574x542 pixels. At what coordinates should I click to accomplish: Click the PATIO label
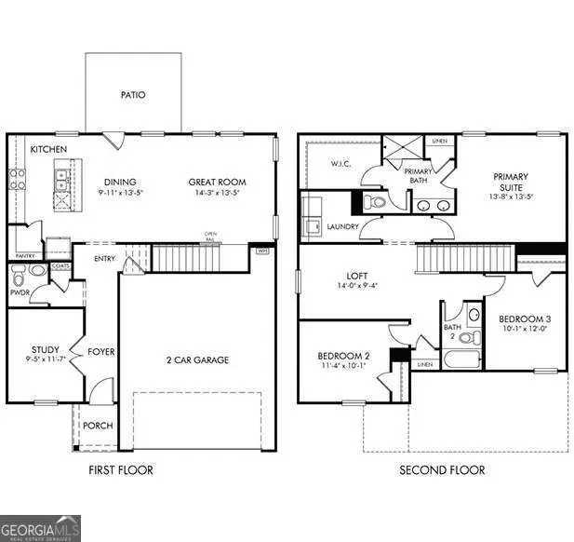(133, 94)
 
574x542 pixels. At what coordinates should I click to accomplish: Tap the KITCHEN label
(47, 149)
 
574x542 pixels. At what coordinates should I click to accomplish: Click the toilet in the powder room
(36, 271)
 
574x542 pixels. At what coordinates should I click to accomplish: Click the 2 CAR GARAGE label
(198, 359)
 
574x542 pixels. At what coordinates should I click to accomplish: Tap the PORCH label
(98, 426)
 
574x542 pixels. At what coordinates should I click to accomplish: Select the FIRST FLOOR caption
(121, 470)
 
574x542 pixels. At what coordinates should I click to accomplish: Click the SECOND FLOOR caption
(442, 470)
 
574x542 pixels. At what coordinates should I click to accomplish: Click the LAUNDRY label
(341, 226)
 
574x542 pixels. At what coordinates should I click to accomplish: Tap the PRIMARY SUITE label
(511, 183)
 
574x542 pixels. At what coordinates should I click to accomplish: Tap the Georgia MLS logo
(41, 528)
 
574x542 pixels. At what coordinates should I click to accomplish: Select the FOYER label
(100, 352)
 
